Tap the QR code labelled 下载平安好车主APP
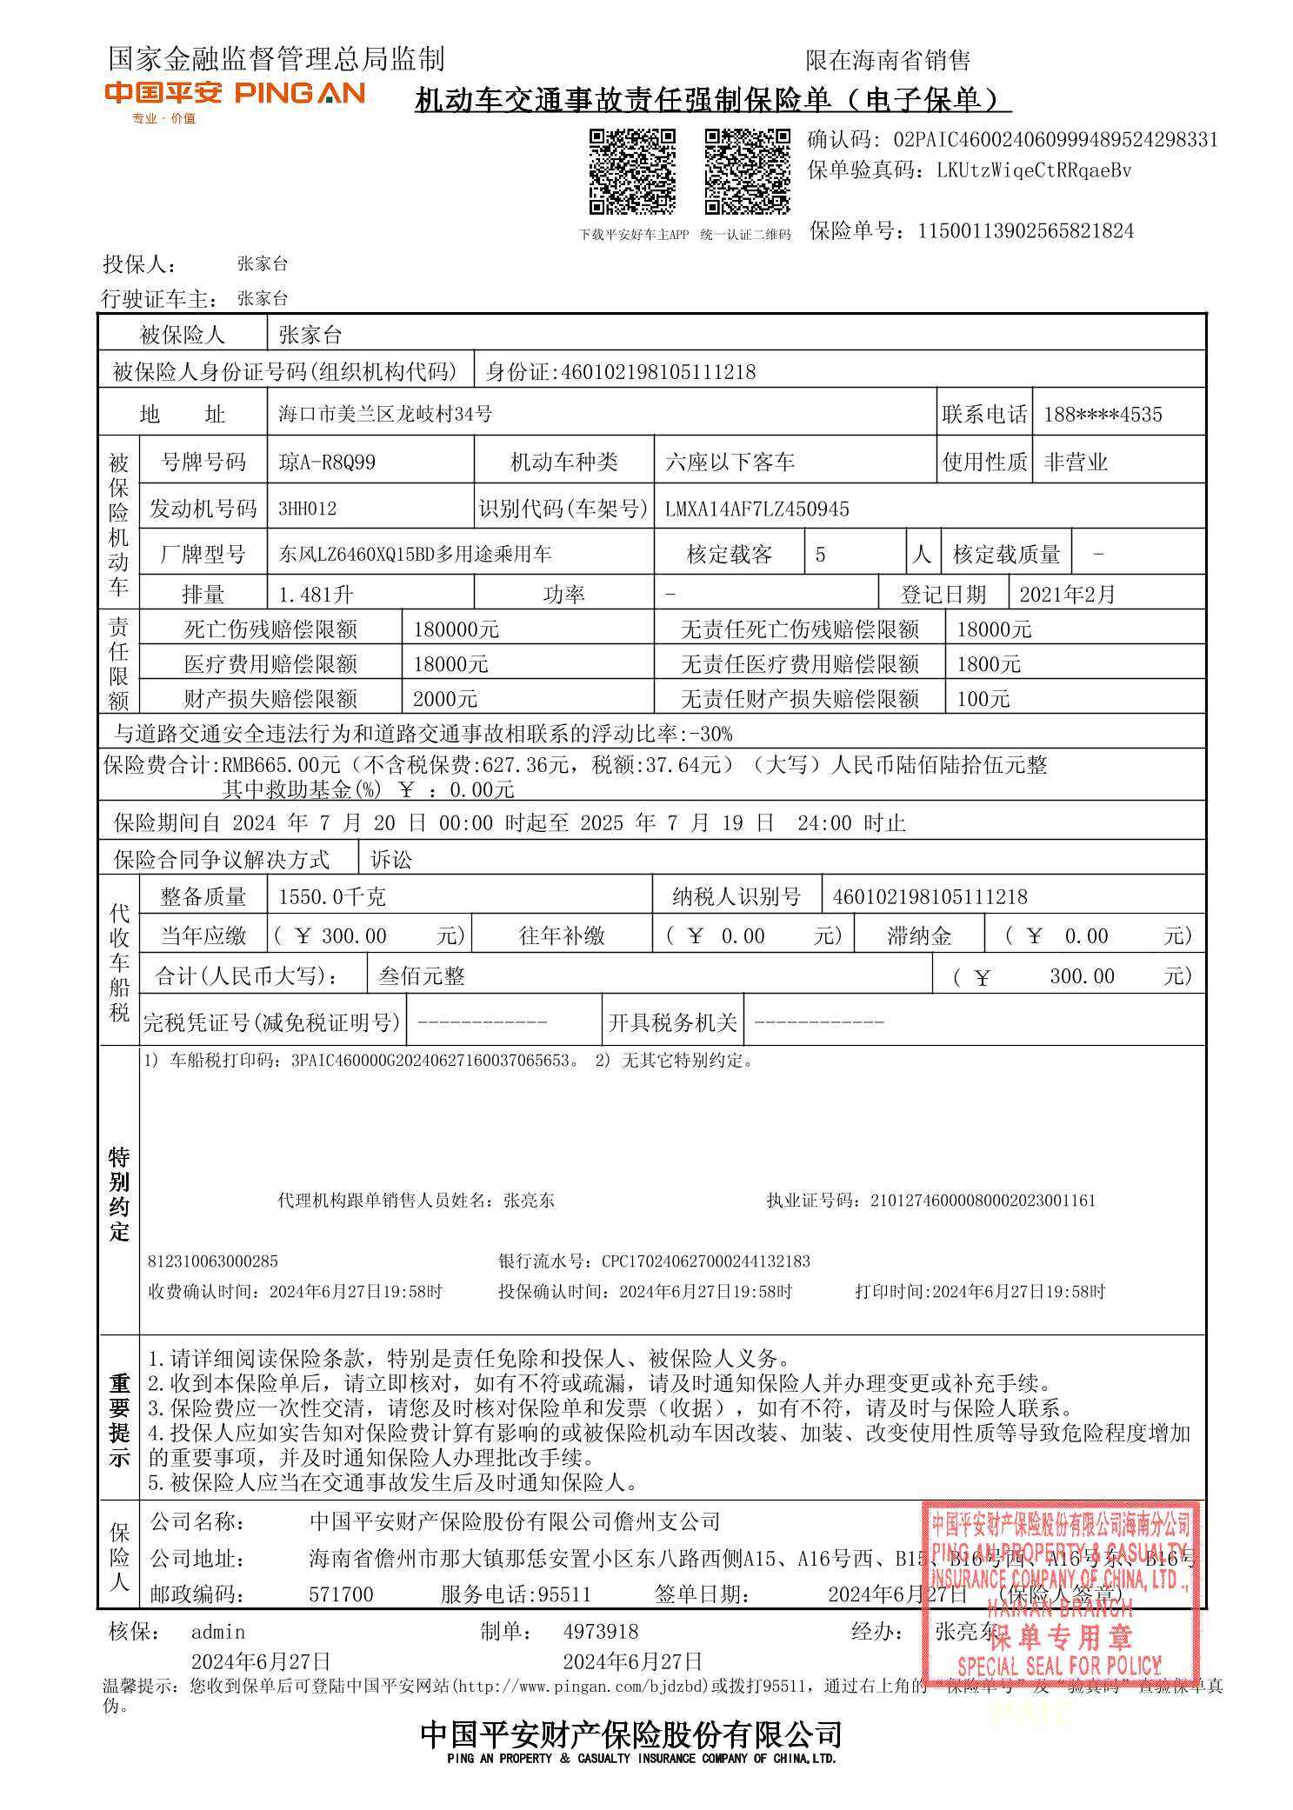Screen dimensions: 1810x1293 632,171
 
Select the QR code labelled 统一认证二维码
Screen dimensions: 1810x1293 747,171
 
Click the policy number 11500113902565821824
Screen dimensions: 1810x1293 1025,231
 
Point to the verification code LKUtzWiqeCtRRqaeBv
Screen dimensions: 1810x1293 1034,170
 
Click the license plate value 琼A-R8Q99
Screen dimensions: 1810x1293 327,462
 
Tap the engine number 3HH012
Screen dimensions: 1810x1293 307,509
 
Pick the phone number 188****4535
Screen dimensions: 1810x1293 1102,415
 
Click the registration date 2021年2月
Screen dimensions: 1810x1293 1066,595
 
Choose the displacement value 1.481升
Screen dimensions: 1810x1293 316,595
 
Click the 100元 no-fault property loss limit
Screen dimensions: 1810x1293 983,699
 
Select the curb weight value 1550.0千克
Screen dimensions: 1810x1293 331,896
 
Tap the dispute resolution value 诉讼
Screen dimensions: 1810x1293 391,860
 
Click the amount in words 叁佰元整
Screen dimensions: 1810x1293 422,976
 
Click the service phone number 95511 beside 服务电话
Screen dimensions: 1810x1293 564,1594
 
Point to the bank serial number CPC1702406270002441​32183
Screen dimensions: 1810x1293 705,1261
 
